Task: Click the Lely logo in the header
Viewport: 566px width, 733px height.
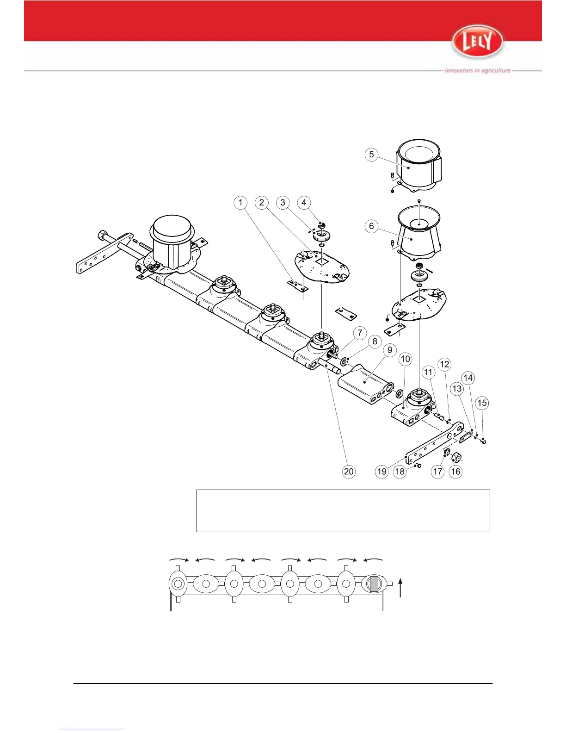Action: click(477, 42)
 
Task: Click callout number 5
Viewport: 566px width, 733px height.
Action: click(372, 155)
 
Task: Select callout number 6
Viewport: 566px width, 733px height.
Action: click(371, 226)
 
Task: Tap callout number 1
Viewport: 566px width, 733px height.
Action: click(240, 203)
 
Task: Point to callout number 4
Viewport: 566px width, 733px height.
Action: click(304, 203)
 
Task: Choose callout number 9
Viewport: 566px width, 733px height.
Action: click(390, 350)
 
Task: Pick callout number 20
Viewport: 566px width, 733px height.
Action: click(349, 472)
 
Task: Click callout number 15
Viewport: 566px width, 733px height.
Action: click(482, 403)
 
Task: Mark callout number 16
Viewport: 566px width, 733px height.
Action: click(455, 472)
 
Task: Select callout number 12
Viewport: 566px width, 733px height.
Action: click(444, 365)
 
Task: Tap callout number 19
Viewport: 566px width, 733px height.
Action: click(381, 472)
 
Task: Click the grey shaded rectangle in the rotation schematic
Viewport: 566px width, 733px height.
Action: click(374, 584)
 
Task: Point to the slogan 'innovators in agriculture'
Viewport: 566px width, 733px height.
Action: click(477, 71)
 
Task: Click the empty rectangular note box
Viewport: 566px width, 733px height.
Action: click(343, 511)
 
